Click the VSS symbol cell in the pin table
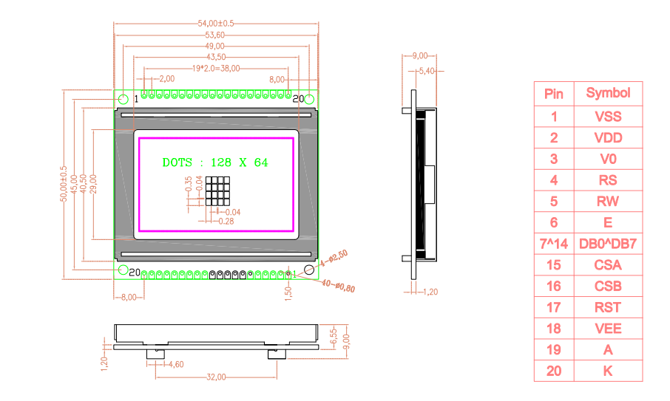608,117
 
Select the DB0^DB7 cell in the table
608,244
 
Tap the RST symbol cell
608,307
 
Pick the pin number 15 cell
554,265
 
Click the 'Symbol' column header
608,93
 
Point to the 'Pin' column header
554,94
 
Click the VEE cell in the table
608,329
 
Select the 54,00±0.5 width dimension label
216,24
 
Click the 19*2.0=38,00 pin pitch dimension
216,68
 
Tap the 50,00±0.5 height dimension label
64,184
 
